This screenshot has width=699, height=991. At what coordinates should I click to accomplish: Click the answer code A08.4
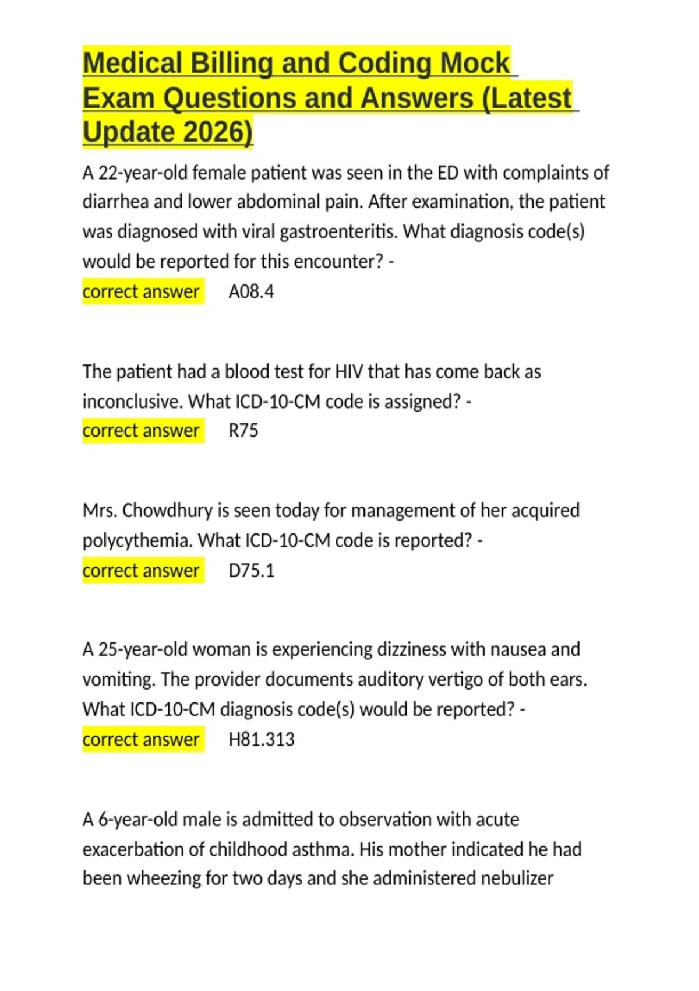click(251, 291)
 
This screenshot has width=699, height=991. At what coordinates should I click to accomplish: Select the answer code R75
click(243, 431)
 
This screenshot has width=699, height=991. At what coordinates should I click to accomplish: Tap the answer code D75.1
click(251, 570)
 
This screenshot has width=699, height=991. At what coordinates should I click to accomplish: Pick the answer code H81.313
click(262, 739)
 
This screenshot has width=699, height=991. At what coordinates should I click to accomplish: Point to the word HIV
click(349, 372)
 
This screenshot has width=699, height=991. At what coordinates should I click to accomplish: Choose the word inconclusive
click(133, 402)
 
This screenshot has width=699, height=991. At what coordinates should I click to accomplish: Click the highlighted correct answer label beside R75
click(141, 431)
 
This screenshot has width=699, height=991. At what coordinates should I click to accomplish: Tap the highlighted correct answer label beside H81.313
click(141, 739)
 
